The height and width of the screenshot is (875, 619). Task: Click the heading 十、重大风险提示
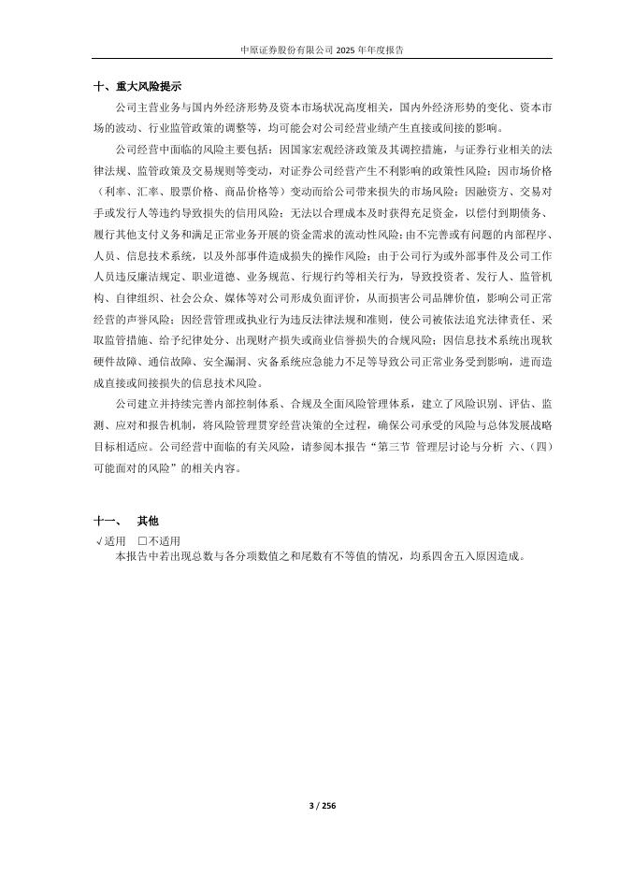137,85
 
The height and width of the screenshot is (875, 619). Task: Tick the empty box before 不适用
143,540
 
